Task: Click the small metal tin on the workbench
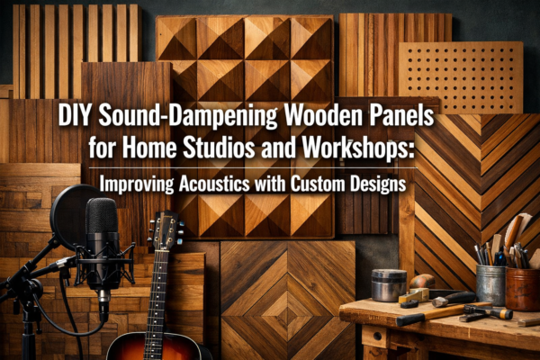tap(388, 284)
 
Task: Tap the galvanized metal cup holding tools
tap(490, 283)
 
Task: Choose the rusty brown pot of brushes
tap(522, 287)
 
